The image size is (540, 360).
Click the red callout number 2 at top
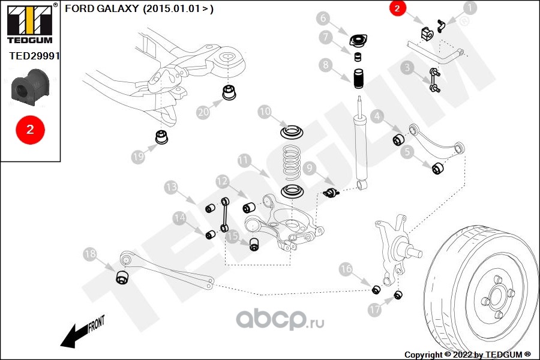pos(398,8)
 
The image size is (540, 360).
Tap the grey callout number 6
pos(323,18)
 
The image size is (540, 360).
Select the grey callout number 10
pos(265,112)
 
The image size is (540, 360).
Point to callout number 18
pos(90,254)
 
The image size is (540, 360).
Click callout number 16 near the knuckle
pos(346,269)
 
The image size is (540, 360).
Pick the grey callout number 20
pos(203,112)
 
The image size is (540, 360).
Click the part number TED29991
pos(35,56)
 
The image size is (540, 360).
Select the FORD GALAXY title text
pos(139,8)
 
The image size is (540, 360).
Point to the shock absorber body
pos(361,144)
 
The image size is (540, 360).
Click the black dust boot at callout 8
pos(358,78)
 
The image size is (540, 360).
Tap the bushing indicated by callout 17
pos(398,295)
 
